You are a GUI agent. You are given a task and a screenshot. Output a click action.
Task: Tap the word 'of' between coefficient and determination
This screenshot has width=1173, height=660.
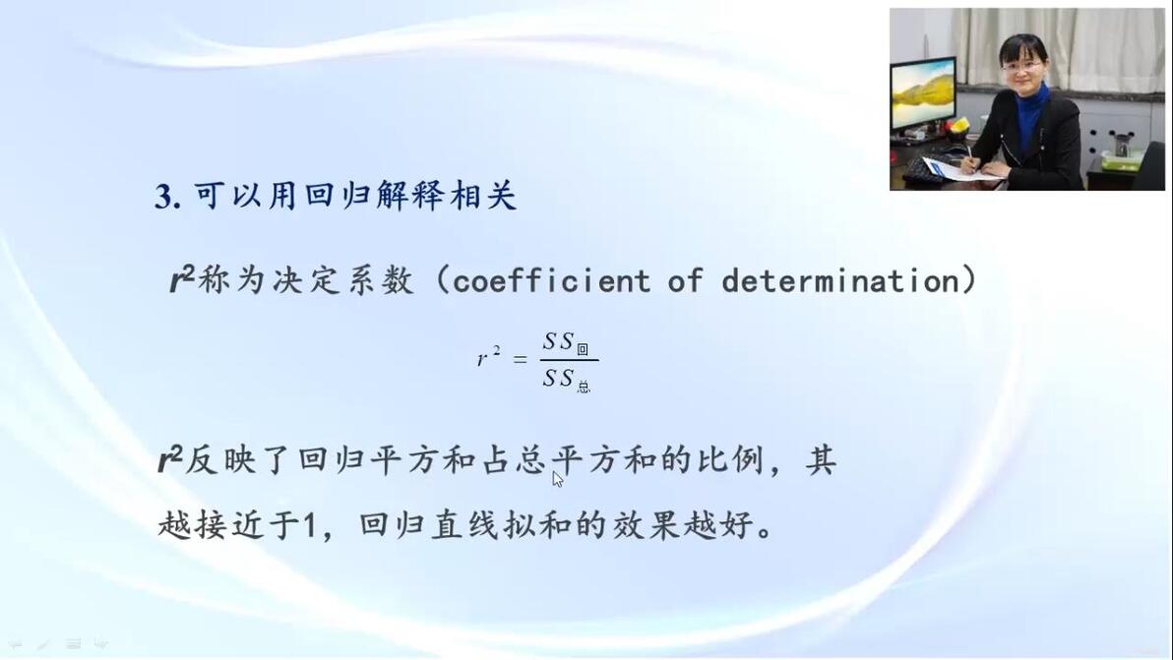686,281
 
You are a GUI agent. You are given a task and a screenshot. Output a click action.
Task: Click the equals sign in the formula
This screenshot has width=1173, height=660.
520,360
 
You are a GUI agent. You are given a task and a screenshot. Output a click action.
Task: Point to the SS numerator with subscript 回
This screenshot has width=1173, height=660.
566,343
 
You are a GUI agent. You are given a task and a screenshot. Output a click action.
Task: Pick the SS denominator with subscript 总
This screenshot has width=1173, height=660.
566,380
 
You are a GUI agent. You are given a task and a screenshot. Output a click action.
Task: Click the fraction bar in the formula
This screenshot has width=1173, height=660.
570,361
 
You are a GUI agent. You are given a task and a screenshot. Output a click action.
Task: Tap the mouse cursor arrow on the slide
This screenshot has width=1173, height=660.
557,479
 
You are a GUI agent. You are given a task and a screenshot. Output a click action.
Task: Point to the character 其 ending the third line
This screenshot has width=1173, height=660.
821,460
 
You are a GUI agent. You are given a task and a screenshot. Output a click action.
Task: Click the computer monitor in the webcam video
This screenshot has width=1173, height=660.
922,95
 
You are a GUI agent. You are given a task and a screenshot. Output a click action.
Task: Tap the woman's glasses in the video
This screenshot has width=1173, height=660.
1021,66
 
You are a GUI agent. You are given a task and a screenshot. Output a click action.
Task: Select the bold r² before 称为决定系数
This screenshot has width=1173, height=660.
182,280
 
